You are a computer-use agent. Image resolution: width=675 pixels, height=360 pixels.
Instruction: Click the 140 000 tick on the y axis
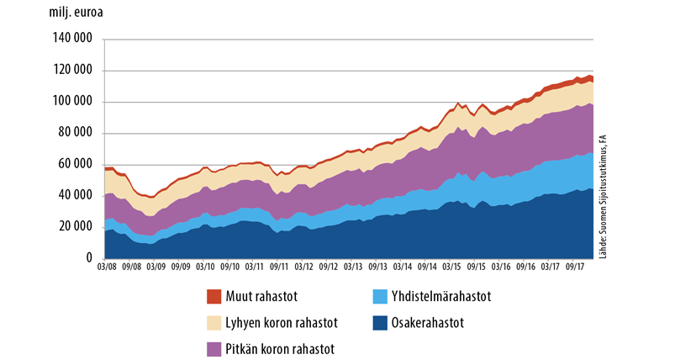click(x=71, y=40)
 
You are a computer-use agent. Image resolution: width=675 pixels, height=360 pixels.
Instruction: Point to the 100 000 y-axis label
click(x=71, y=103)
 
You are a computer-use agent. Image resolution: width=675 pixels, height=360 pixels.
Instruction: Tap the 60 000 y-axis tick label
click(x=73, y=165)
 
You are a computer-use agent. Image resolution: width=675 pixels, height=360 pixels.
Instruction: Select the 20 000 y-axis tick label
click(x=73, y=227)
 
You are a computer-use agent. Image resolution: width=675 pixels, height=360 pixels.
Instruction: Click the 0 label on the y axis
click(x=87, y=258)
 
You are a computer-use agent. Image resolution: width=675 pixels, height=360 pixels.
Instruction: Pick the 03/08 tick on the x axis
click(x=106, y=267)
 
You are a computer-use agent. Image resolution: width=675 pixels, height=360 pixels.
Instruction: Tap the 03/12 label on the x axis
click(x=304, y=267)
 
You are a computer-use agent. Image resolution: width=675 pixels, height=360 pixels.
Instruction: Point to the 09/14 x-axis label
click(x=427, y=267)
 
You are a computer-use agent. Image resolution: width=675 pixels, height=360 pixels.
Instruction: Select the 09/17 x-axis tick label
click(x=576, y=267)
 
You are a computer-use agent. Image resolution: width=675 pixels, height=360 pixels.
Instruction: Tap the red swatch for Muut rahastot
click(x=214, y=295)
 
